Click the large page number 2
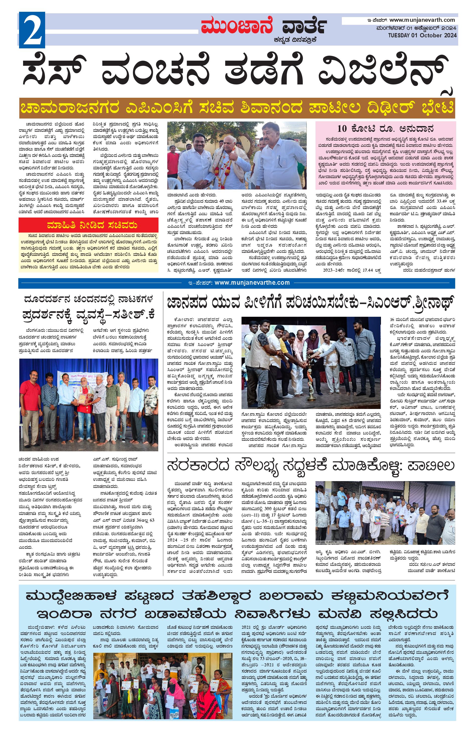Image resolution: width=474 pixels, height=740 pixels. [32, 30]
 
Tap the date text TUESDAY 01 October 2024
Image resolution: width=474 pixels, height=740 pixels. [422, 35]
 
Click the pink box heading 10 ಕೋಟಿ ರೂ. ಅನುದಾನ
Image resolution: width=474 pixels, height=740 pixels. [385, 128]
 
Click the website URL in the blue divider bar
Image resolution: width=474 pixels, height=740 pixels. [252, 283]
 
